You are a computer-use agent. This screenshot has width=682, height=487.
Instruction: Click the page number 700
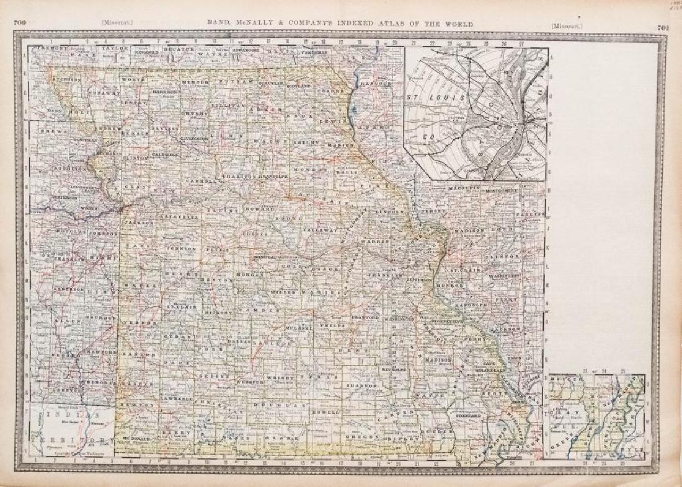(20, 23)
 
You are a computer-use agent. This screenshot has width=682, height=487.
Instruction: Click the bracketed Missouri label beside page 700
(117, 24)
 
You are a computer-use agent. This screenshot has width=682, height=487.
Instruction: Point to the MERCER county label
(198, 81)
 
